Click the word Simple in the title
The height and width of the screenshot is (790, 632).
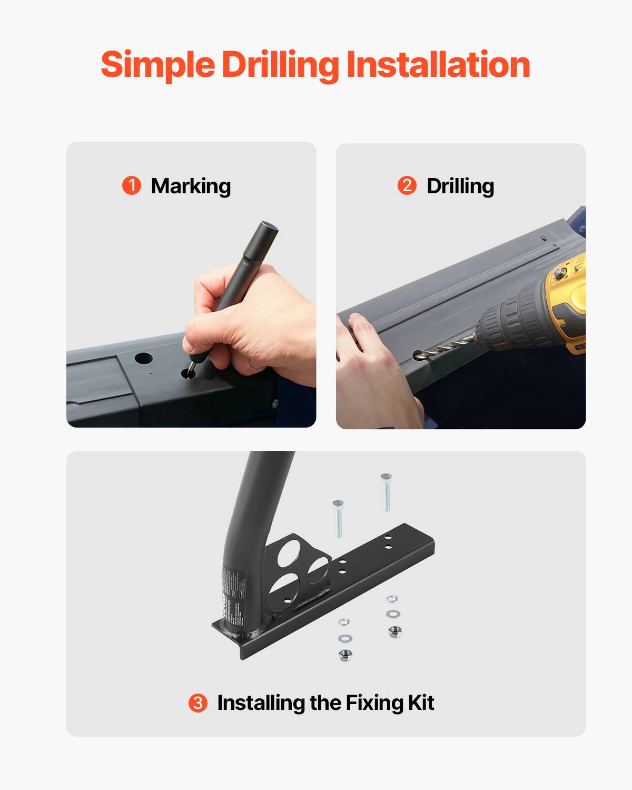coord(157,65)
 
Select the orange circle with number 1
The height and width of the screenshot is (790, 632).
coord(132,186)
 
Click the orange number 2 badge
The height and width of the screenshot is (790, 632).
coord(407,186)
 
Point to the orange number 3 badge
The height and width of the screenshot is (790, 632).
coord(198,703)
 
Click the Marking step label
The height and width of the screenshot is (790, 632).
coord(191,186)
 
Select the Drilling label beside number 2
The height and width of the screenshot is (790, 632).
coord(460,186)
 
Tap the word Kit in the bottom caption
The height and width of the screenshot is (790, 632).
coord(420,703)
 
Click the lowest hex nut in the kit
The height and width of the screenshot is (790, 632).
coord(346,655)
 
